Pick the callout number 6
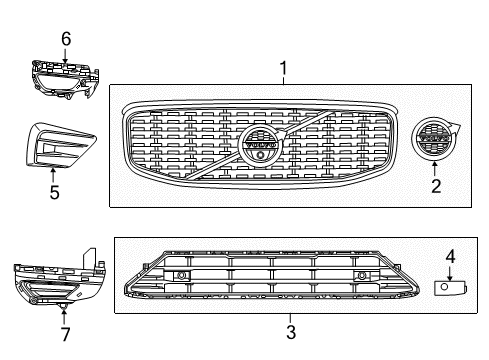pos(66,38)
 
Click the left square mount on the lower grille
pos(181,276)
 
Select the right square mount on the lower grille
pos(361,276)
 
